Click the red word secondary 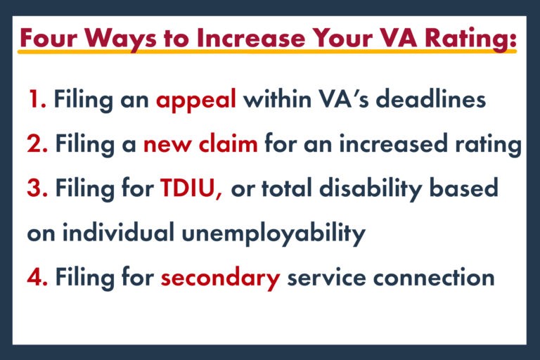coord(220,277)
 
